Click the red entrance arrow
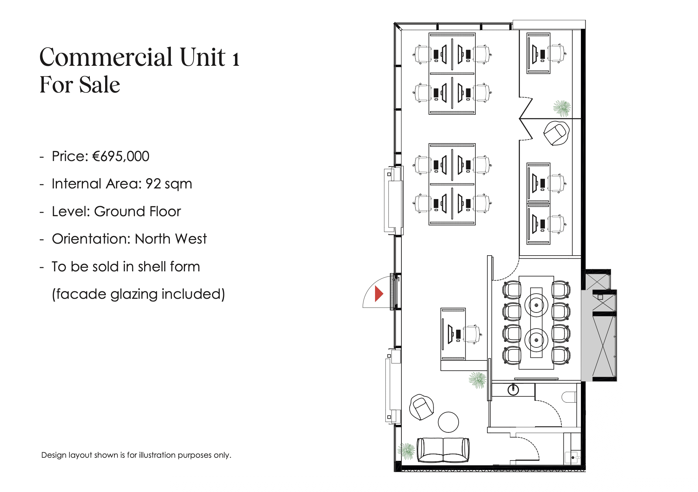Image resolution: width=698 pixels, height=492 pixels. point(378,294)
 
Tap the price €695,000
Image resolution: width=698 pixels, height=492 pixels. point(121,156)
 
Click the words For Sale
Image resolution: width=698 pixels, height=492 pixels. point(80,85)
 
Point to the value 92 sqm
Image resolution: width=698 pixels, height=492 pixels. point(169,184)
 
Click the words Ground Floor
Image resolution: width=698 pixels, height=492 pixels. point(137,211)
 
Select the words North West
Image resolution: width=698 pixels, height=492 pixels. point(171,239)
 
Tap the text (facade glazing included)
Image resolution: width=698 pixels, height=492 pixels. point(138,294)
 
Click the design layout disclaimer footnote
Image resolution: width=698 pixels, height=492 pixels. point(136,455)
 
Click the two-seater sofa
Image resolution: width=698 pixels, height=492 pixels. point(443,450)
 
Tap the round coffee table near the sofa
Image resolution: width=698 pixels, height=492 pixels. point(448,422)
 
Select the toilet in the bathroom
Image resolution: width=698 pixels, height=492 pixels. point(569,397)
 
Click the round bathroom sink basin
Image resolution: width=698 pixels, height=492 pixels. point(513,390)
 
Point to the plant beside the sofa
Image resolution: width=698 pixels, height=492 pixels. point(406,451)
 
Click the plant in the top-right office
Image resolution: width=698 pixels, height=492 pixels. point(562,108)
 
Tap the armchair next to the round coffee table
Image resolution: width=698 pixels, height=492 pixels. point(422,407)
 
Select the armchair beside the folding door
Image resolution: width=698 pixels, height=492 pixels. point(557,133)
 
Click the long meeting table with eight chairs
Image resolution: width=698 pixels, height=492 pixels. point(536,323)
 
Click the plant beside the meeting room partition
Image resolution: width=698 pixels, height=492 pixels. point(477,380)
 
